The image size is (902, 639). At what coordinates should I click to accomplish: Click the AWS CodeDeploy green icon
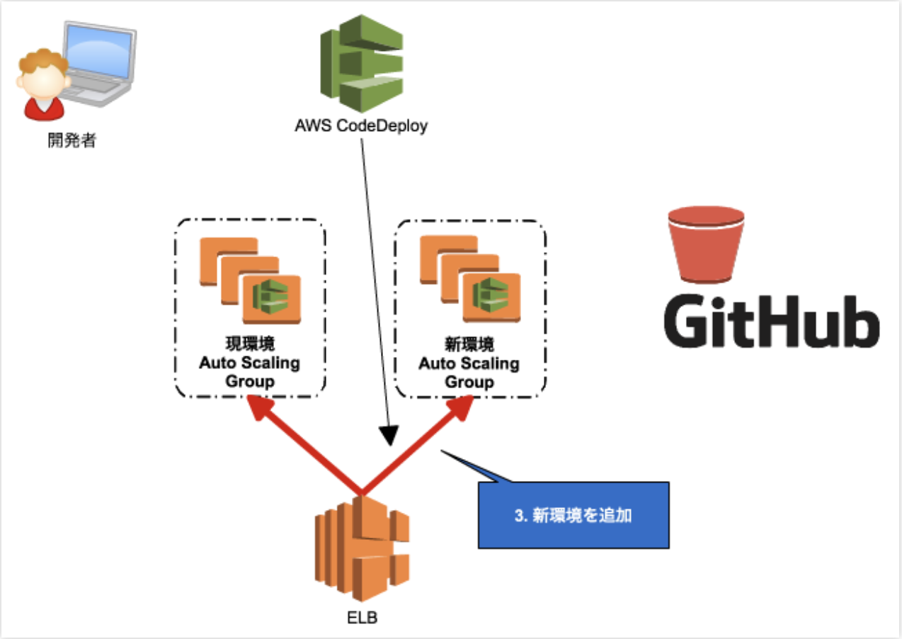[362, 64]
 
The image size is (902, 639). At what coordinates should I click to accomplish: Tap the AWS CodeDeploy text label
[361, 128]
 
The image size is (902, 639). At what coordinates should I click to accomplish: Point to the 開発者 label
[72, 140]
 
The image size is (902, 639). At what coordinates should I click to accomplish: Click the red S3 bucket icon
[706, 245]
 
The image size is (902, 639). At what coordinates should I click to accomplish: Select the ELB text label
[362, 618]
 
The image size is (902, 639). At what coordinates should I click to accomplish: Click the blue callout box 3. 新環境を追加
[573, 515]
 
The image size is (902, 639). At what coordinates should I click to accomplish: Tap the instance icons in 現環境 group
[250, 280]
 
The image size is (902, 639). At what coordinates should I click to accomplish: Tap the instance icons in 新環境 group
[470, 280]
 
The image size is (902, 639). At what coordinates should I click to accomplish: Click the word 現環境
[249, 344]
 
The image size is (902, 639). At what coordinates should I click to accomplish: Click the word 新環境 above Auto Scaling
[469, 344]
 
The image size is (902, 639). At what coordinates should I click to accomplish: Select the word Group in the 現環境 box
[249, 382]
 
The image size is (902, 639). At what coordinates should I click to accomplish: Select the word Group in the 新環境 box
[469, 382]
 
